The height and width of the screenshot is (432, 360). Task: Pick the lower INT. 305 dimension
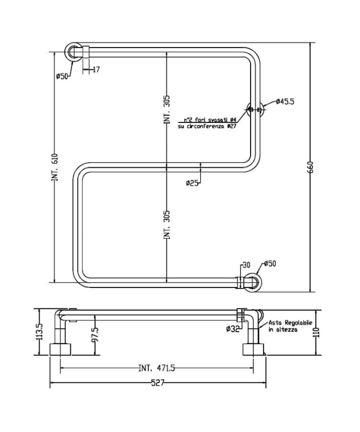[x=167, y=225]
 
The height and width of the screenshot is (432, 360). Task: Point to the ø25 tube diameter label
[x=193, y=183]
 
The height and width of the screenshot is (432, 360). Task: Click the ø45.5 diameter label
[x=285, y=101]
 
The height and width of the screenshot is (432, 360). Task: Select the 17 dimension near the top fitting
[x=95, y=70]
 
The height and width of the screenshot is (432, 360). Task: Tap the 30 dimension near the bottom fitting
[x=246, y=265]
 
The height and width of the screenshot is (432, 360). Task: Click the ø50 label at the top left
[x=62, y=75]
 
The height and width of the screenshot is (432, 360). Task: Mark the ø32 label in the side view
[x=232, y=329]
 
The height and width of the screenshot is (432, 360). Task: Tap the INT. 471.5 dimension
[x=156, y=368]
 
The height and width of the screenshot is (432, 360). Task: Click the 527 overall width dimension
[x=157, y=383]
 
